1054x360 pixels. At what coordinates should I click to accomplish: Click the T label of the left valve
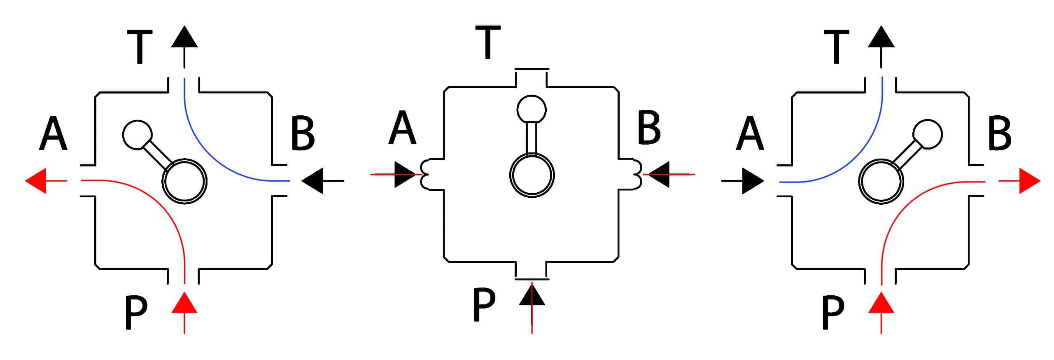(140, 47)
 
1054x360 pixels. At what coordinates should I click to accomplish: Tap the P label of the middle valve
(484, 305)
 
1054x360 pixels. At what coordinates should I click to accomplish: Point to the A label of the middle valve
(402, 128)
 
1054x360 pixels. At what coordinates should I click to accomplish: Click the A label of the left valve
(53, 134)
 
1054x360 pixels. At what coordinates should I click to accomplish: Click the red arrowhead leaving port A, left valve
(35, 180)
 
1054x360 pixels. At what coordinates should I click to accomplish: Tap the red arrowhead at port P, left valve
(184, 302)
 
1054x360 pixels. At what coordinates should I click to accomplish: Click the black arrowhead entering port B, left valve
(312, 180)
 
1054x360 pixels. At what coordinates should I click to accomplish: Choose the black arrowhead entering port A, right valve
(753, 180)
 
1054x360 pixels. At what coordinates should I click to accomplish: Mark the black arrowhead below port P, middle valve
(532, 295)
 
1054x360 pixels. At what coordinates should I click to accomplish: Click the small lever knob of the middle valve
(532, 109)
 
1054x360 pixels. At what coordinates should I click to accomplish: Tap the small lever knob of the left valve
(138, 135)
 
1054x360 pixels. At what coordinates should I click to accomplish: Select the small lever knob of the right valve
(928, 135)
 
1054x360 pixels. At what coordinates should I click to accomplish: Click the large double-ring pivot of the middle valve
(532, 175)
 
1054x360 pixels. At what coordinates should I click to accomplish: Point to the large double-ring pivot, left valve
(184, 181)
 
